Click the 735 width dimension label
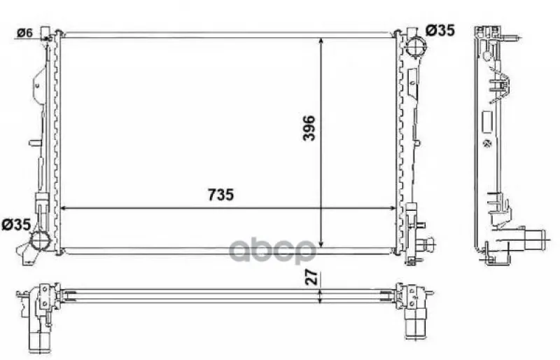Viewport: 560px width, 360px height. click(x=220, y=195)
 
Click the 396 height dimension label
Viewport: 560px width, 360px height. click(x=309, y=128)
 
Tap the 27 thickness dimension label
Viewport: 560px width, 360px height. click(x=311, y=277)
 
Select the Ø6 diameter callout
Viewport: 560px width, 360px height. click(x=24, y=33)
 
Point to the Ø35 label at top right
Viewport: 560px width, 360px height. click(x=440, y=30)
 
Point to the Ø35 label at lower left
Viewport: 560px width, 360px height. click(x=16, y=225)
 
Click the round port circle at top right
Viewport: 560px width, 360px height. click(x=415, y=47)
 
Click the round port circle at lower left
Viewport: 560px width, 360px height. click(x=40, y=240)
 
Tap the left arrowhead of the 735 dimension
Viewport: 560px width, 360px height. click(x=64, y=208)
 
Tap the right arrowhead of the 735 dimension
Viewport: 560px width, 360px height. click(x=392, y=208)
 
